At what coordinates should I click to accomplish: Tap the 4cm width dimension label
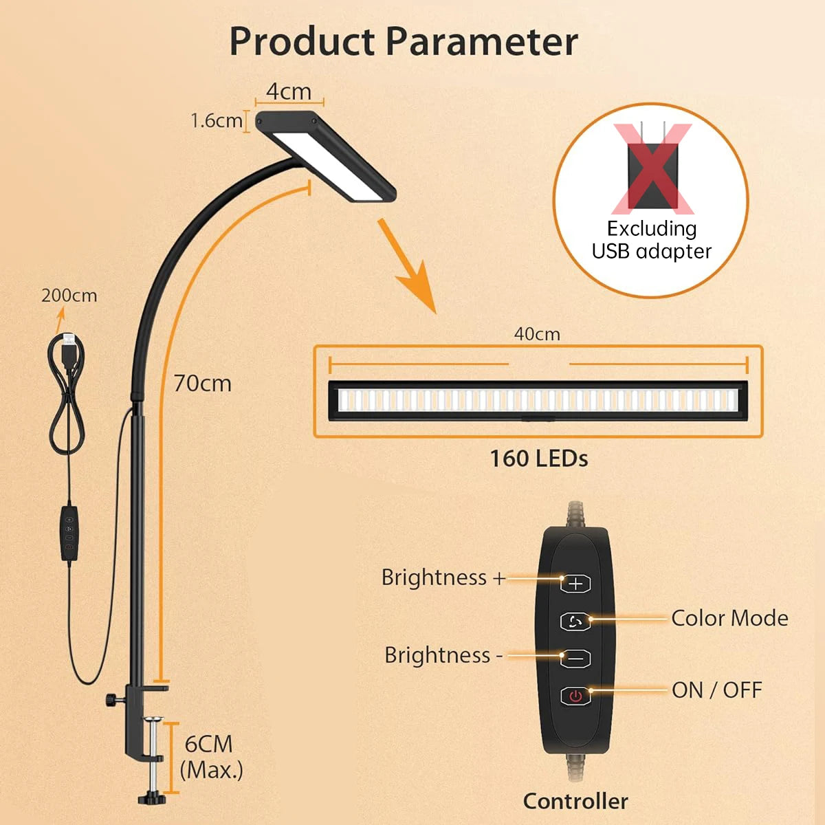(x=289, y=91)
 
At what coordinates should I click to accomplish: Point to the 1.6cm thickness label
(x=216, y=121)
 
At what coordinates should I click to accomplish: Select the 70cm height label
(x=202, y=383)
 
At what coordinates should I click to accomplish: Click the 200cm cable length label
(x=69, y=296)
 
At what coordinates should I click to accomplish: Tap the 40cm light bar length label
(x=537, y=334)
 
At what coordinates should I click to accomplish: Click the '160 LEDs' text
(x=538, y=459)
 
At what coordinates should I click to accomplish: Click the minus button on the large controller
(x=575, y=658)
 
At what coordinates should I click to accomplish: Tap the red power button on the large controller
(x=575, y=696)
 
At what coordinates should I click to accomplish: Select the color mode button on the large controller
(x=575, y=621)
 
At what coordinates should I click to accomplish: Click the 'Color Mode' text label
(x=729, y=618)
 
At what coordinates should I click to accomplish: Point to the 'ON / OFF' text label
(x=717, y=690)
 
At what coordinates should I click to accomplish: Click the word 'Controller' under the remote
(x=575, y=801)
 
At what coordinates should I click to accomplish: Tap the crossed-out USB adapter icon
(x=652, y=167)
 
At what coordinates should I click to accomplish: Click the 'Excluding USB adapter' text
(x=652, y=239)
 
